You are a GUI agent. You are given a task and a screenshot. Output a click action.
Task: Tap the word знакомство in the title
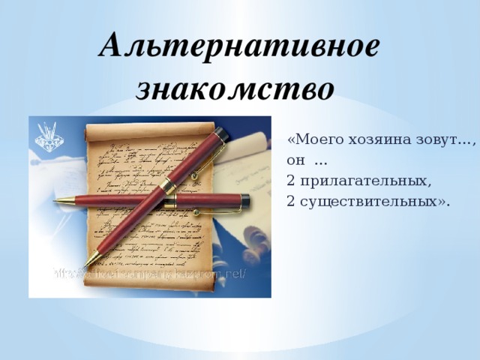coord(235,89)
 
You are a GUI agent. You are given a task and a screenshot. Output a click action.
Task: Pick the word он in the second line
coord(295,160)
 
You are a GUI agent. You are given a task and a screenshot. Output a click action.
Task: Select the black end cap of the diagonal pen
coord(220,133)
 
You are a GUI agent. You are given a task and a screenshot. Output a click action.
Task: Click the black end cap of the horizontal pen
coord(244,199)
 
